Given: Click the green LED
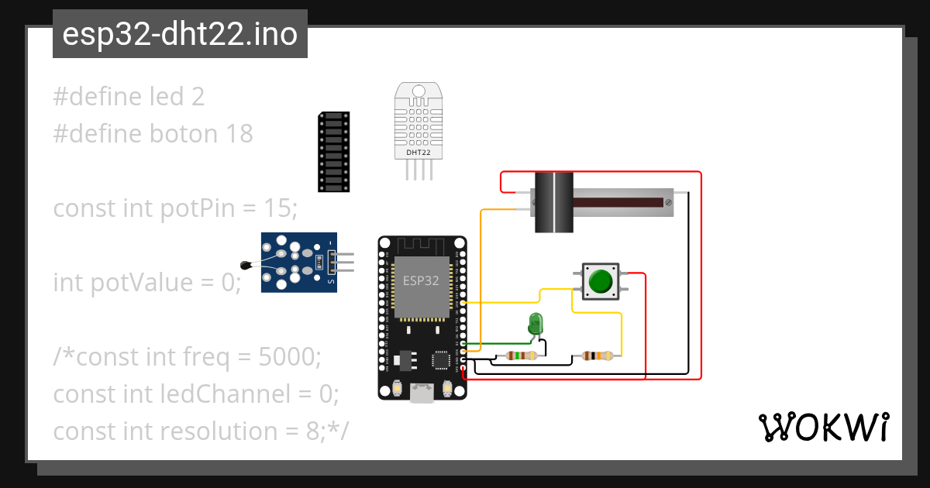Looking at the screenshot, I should (x=535, y=323).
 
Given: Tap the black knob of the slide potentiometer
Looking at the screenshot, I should (x=554, y=202).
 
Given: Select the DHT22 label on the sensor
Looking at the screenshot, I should (x=418, y=153).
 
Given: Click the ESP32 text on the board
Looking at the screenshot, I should (x=422, y=280).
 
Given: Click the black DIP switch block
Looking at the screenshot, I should (x=334, y=152).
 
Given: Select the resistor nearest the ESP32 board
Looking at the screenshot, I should (x=521, y=356).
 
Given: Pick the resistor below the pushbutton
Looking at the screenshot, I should (x=598, y=356).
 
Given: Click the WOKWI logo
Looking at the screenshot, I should (x=822, y=427).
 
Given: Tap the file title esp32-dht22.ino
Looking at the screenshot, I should (x=180, y=35).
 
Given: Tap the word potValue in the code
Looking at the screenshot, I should (x=139, y=283).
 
